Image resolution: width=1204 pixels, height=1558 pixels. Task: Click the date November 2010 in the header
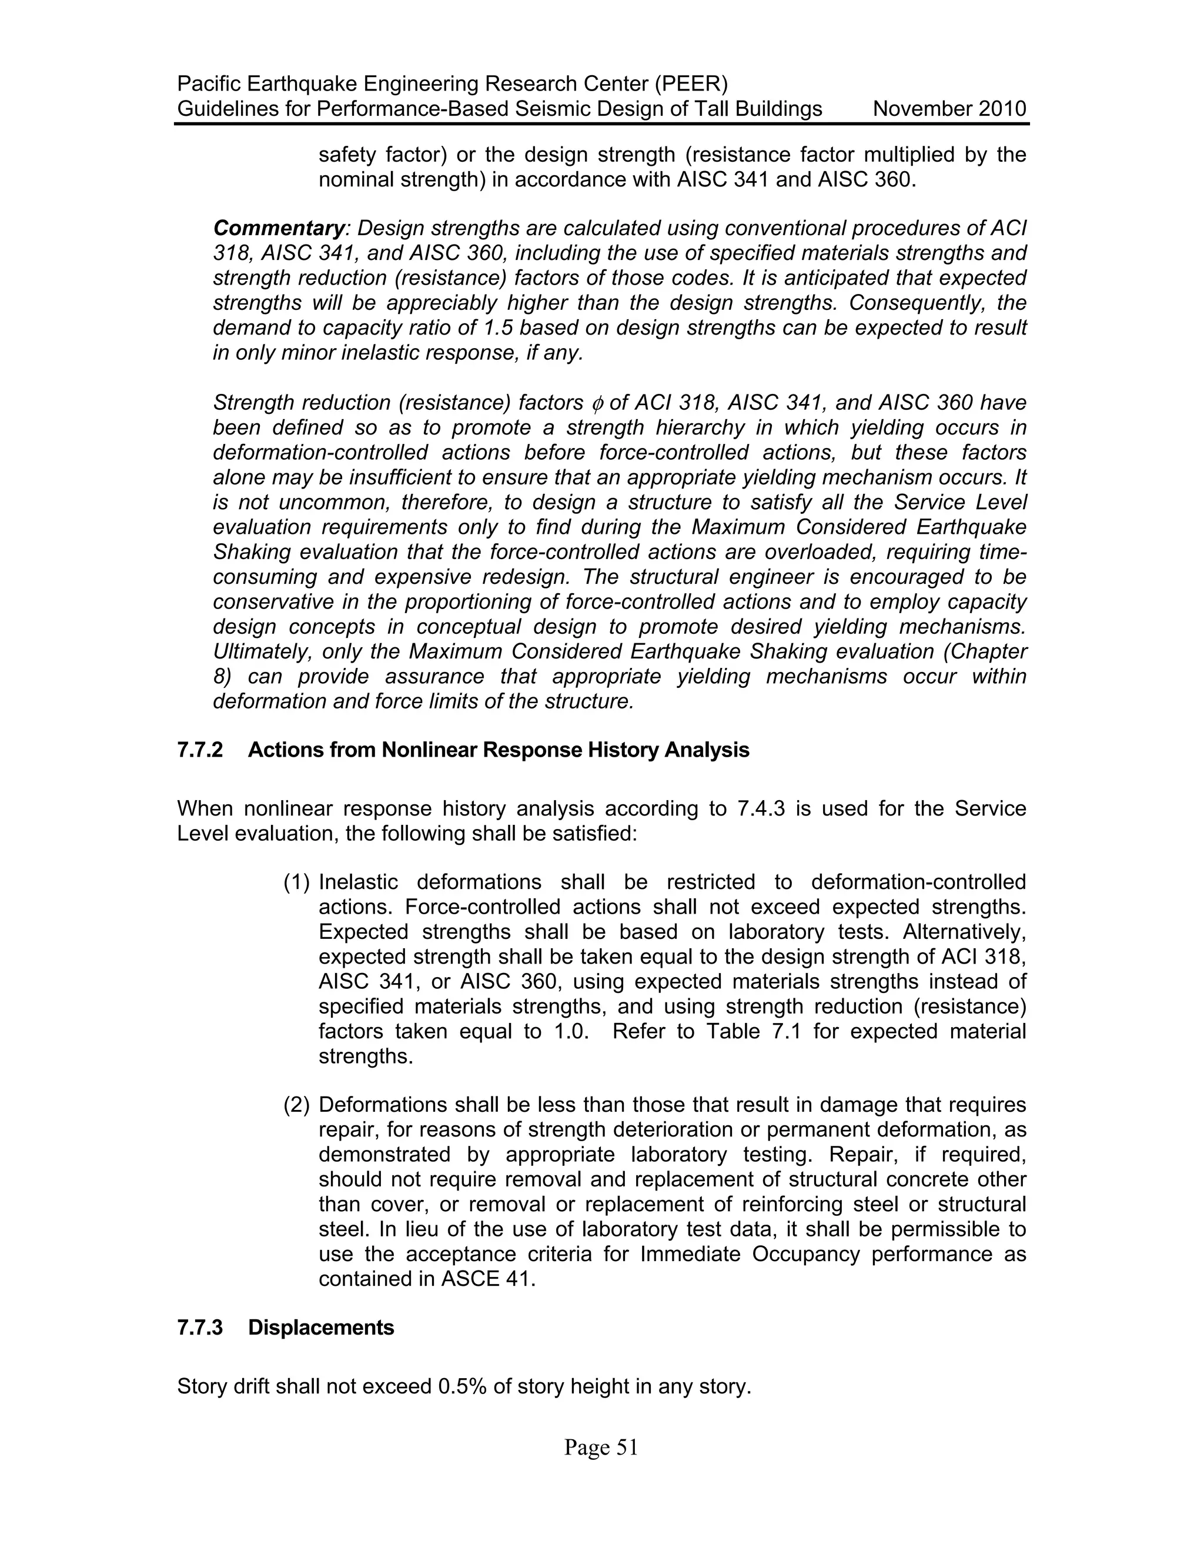[x=949, y=109]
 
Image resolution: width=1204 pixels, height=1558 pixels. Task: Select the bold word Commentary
[x=279, y=228]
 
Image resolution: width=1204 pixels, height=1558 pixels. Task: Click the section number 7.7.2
[x=200, y=750]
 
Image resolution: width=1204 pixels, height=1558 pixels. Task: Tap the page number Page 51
[x=601, y=1447]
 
